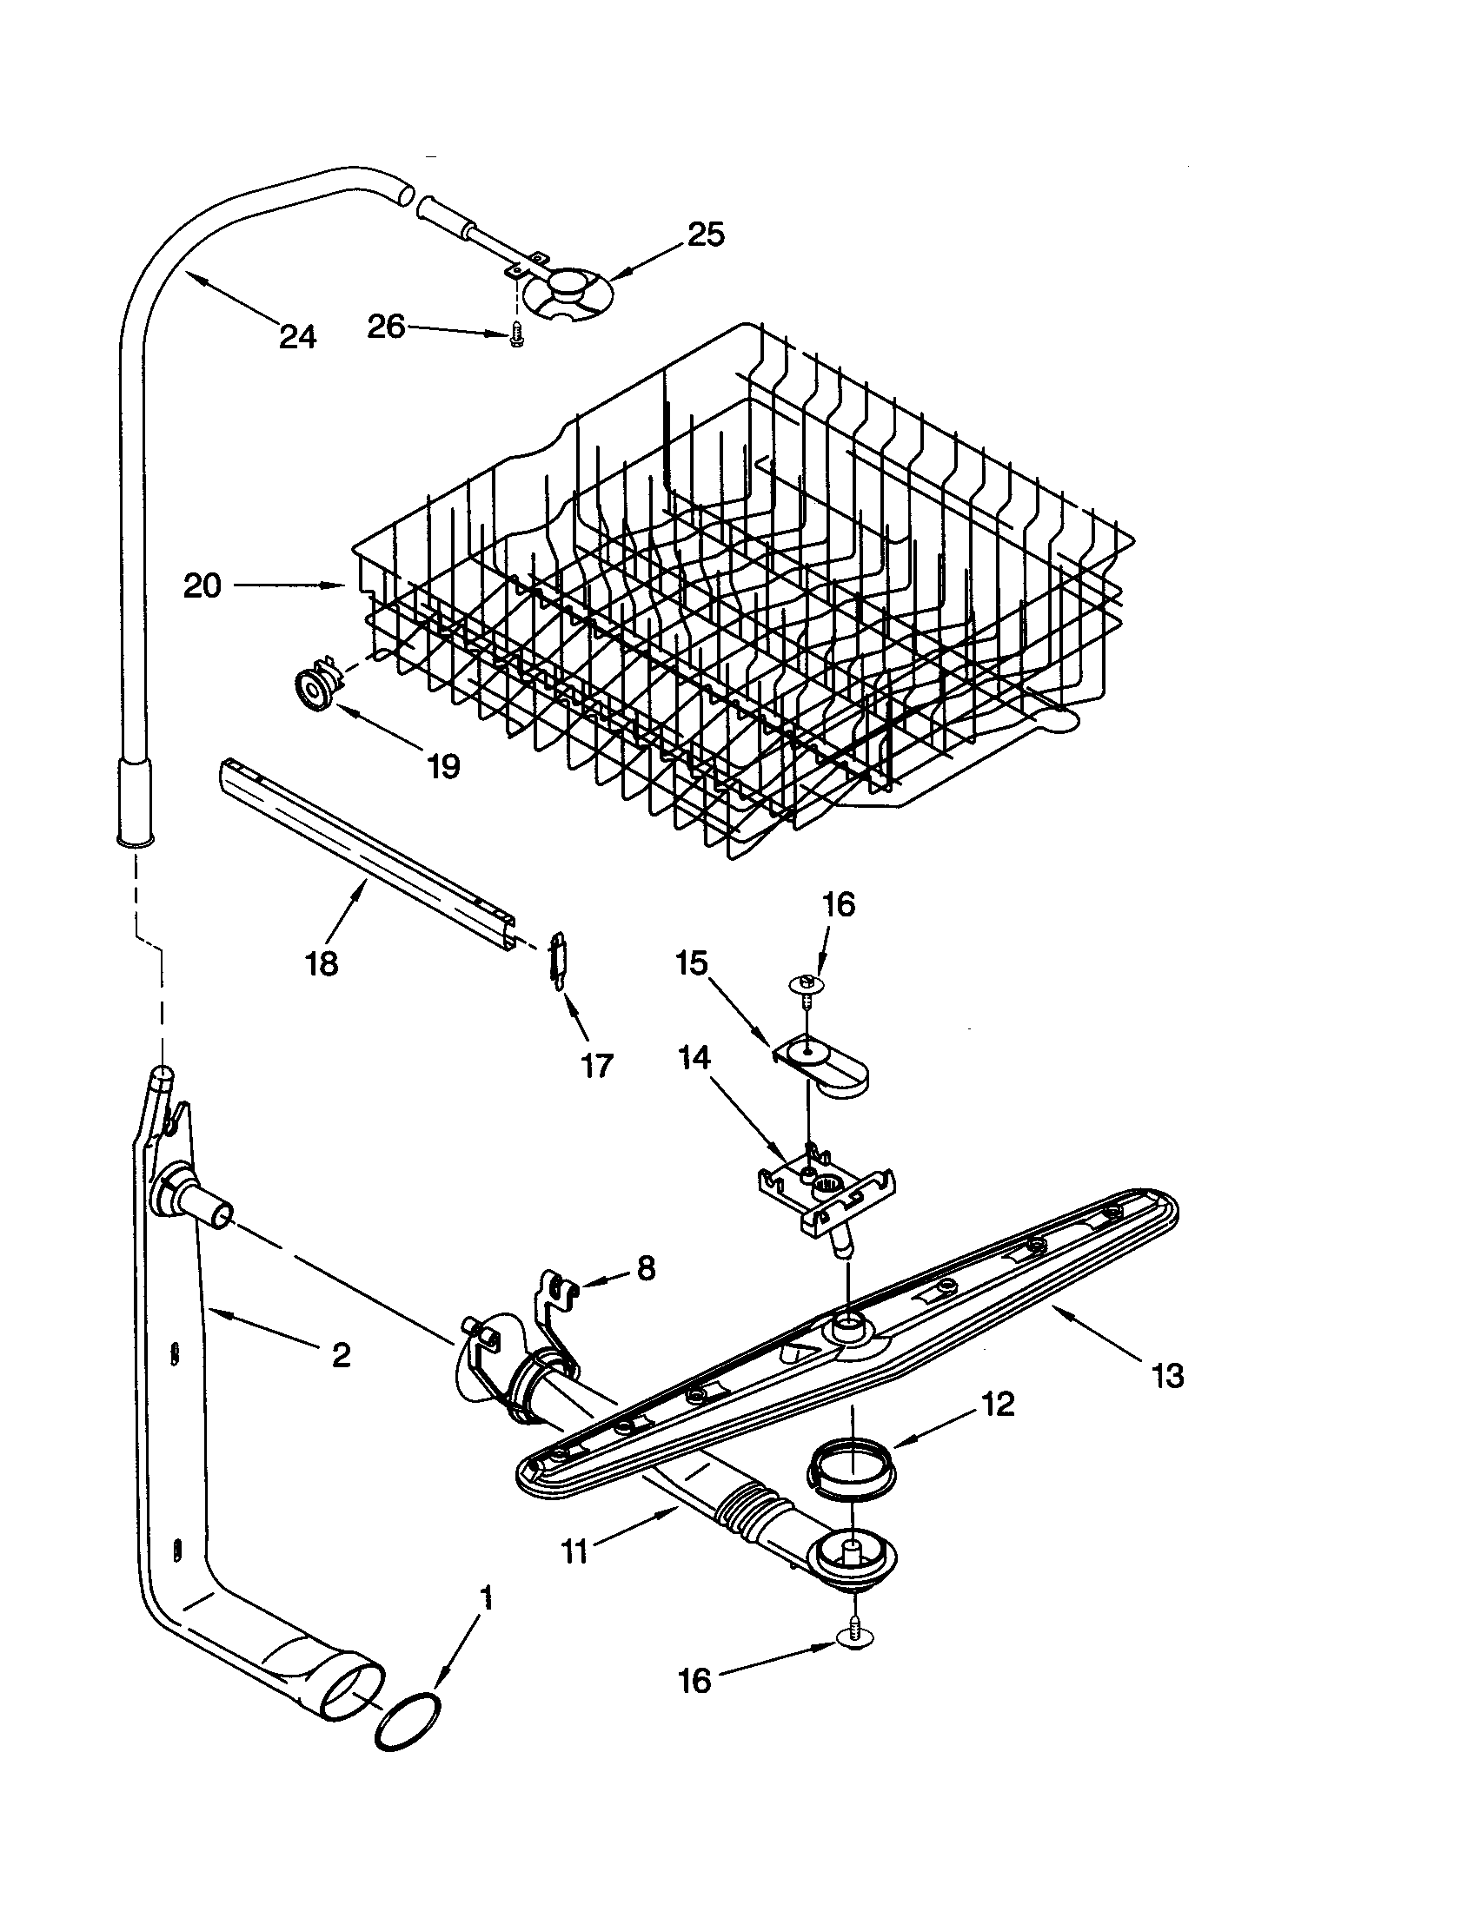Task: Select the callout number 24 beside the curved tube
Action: tap(297, 336)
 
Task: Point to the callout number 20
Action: tap(203, 586)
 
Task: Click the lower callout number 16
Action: tap(695, 1681)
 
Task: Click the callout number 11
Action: tap(574, 1552)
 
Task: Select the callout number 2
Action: tap(341, 1355)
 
